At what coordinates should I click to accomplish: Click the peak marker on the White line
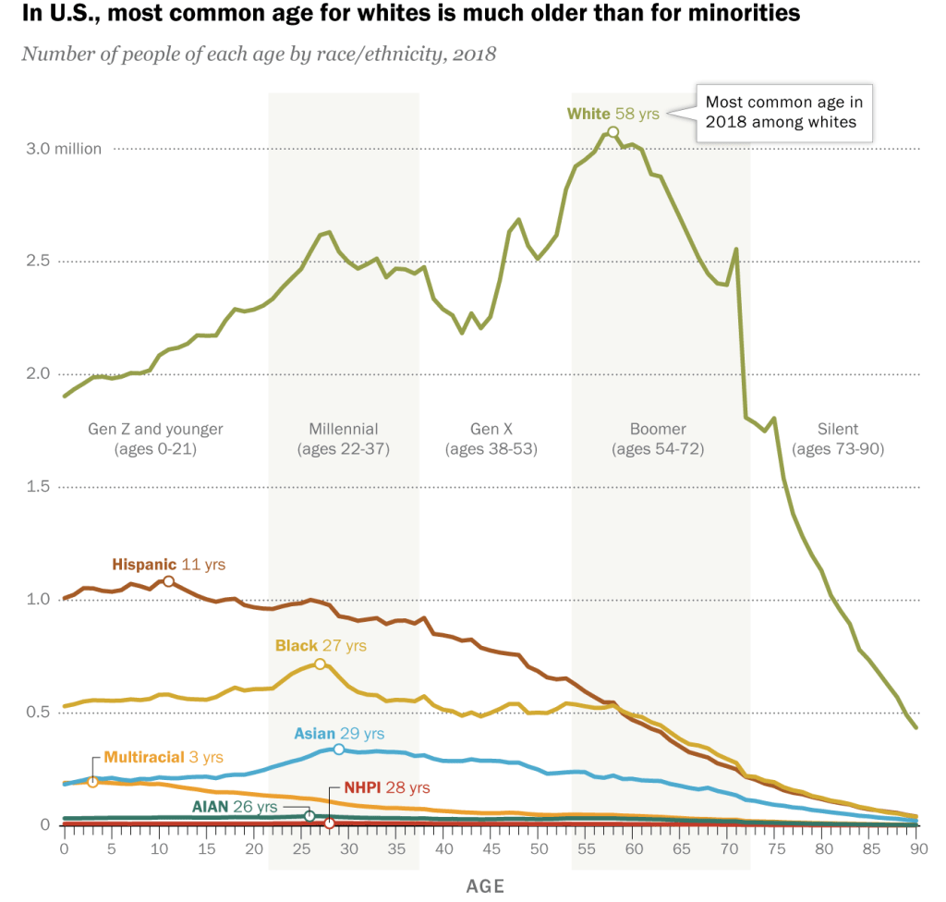click(612, 131)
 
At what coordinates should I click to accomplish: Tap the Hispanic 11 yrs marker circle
click(168, 581)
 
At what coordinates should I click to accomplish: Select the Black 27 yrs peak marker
click(320, 664)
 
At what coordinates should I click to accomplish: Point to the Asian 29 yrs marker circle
click(339, 750)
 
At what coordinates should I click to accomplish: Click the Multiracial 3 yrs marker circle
click(92, 782)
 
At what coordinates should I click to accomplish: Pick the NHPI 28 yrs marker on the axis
click(329, 823)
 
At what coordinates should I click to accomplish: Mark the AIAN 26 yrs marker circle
click(309, 816)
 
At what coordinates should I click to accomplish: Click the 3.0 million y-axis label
click(62, 148)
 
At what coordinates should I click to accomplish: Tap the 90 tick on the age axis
click(916, 848)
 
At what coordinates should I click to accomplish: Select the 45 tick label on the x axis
click(490, 848)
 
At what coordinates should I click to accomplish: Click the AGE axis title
click(485, 886)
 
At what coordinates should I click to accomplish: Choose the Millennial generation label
click(344, 429)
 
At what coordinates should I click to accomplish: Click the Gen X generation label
click(491, 429)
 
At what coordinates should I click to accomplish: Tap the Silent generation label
click(838, 429)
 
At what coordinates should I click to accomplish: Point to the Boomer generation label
click(658, 429)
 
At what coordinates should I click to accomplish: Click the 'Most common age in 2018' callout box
click(783, 112)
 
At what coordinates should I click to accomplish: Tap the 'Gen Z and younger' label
click(155, 429)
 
